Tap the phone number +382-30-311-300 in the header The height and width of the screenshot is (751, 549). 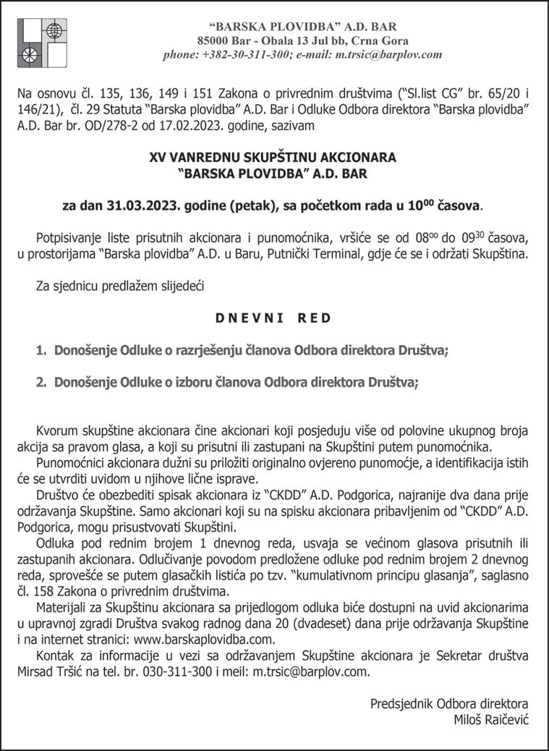(x=244, y=54)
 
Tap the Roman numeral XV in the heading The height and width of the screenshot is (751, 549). (x=157, y=156)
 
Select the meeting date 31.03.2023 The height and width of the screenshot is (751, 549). (x=137, y=205)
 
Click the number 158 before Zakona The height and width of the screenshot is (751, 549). (x=54, y=590)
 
